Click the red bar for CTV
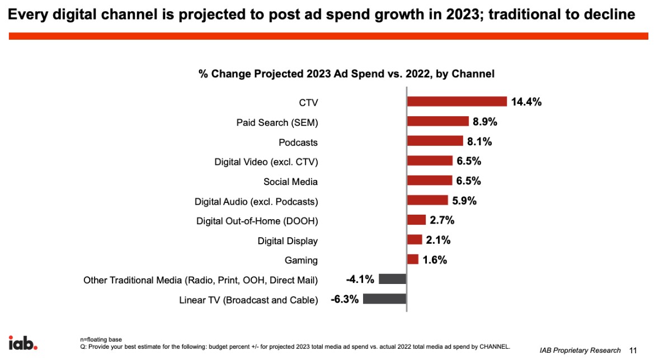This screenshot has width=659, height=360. [x=456, y=101]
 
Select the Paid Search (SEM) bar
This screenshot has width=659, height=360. [x=437, y=121]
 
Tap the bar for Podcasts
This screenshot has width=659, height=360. [x=435, y=141]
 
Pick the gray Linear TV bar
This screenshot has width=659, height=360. [x=384, y=299]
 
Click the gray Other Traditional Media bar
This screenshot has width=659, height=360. [x=392, y=279]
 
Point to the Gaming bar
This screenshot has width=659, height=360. [x=413, y=259]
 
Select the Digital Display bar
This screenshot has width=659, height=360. [x=415, y=240]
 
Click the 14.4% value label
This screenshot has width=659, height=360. [x=526, y=102]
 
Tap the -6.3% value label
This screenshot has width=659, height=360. [x=345, y=299]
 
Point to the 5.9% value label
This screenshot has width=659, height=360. [x=464, y=200]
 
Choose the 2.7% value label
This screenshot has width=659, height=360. [x=442, y=220]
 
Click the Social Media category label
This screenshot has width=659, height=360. [x=290, y=182]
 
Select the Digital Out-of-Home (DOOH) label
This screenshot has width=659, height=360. [x=257, y=221]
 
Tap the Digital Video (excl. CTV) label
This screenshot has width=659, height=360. [x=266, y=162]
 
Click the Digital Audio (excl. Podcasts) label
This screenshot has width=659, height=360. [x=256, y=201]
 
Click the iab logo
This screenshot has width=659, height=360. [x=22, y=342]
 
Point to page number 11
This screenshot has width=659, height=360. [x=633, y=350]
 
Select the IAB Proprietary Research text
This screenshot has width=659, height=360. [x=580, y=350]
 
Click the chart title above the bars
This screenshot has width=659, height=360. [x=346, y=74]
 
